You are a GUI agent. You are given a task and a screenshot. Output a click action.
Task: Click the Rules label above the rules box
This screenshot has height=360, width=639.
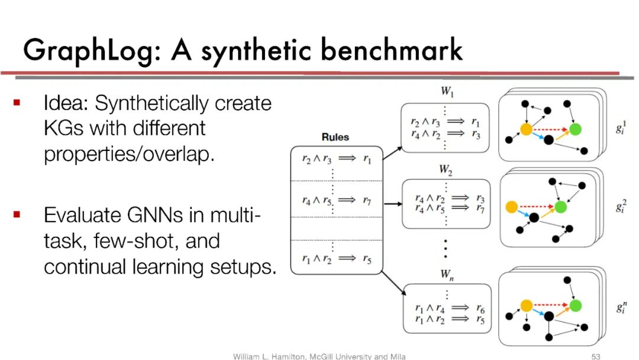pyautogui.click(x=335, y=137)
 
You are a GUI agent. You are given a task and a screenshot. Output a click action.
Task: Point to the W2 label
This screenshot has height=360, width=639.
pyautogui.click(x=446, y=169)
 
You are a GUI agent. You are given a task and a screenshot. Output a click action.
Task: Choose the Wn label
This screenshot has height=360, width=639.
pyautogui.click(x=446, y=274)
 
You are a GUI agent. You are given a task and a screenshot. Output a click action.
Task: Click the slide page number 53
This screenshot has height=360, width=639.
pyautogui.click(x=596, y=356)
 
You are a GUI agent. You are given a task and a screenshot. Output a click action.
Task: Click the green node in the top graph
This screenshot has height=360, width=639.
pyautogui.click(x=575, y=129)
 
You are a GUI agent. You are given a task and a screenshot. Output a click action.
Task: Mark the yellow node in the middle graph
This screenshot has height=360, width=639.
pyautogui.click(x=512, y=207)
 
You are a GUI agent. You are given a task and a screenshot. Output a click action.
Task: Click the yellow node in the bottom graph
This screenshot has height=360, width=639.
pyautogui.click(x=526, y=306)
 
